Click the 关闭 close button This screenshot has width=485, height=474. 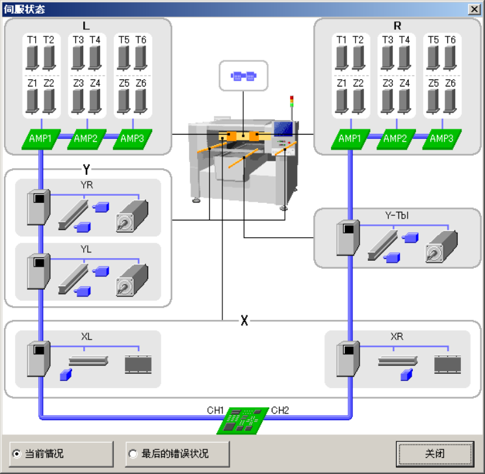click(x=434, y=453)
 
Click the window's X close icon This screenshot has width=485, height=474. click(x=474, y=9)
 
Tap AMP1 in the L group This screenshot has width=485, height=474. click(x=41, y=138)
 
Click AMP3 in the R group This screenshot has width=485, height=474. click(x=441, y=138)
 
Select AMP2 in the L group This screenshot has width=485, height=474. click(x=86, y=138)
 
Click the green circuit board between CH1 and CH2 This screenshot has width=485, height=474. click(x=243, y=421)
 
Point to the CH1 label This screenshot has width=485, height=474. click(x=215, y=410)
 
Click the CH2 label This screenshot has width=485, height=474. click(x=280, y=410)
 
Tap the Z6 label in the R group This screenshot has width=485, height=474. click(x=450, y=83)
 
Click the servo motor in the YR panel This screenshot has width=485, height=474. click(x=132, y=214)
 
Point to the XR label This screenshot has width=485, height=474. click(x=397, y=337)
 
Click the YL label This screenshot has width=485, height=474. click(x=86, y=249)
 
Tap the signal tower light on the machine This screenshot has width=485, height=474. click(x=292, y=101)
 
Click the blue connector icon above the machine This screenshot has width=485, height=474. click(x=244, y=76)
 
